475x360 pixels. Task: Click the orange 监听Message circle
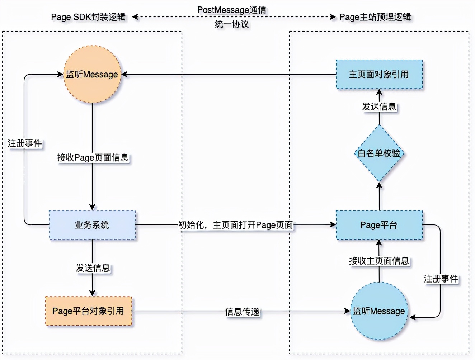[x=92, y=74]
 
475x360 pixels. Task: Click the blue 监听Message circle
[x=379, y=311]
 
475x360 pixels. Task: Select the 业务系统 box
[x=92, y=225]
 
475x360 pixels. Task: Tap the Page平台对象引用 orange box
[x=89, y=311]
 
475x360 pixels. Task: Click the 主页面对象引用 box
[x=379, y=74]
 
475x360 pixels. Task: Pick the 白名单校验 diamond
[x=379, y=153]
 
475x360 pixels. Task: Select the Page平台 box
[x=379, y=225]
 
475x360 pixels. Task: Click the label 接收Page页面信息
[x=93, y=157]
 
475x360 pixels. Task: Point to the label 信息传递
[x=242, y=312]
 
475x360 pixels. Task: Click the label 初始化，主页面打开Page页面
[x=236, y=225]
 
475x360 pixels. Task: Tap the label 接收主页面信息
[x=379, y=261]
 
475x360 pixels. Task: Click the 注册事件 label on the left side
[x=25, y=143]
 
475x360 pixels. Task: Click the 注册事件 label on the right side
[x=441, y=279]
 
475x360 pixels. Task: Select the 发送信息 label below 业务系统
[x=93, y=268]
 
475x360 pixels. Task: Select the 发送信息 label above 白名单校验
[x=379, y=106]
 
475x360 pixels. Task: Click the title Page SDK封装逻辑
[x=88, y=17]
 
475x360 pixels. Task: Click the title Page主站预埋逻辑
[x=375, y=17]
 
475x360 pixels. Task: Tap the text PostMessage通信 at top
[x=232, y=10]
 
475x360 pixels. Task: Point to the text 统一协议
[x=232, y=24]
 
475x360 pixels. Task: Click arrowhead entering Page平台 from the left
[x=333, y=225]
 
